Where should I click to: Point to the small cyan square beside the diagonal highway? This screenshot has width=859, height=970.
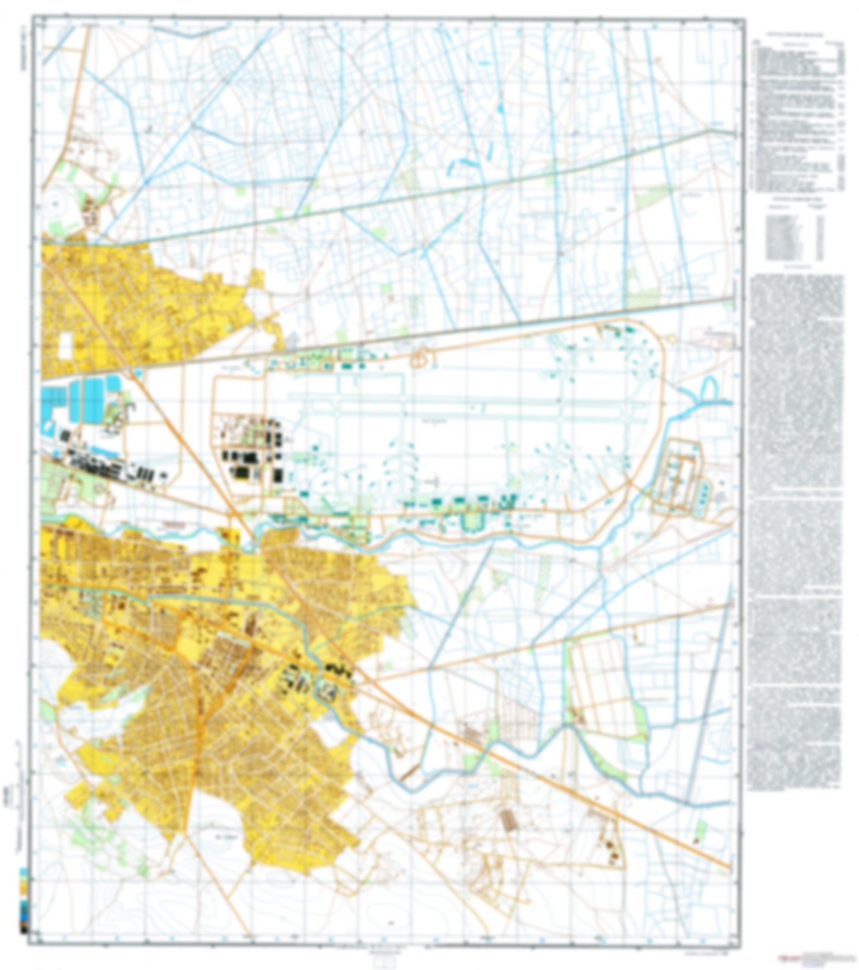point(139,373)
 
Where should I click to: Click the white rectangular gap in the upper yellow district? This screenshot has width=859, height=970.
point(65,346)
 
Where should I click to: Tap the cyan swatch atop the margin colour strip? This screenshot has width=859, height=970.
point(23,872)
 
